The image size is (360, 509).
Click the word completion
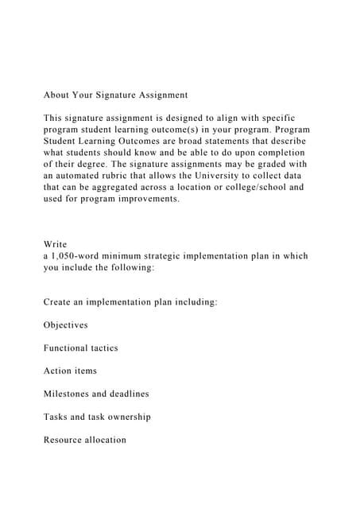click(x=279, y=153)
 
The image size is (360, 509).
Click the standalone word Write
click(x=56, y=244)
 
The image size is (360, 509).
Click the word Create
click(x=60, y=302)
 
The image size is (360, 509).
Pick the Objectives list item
click(x=66, y=325)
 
